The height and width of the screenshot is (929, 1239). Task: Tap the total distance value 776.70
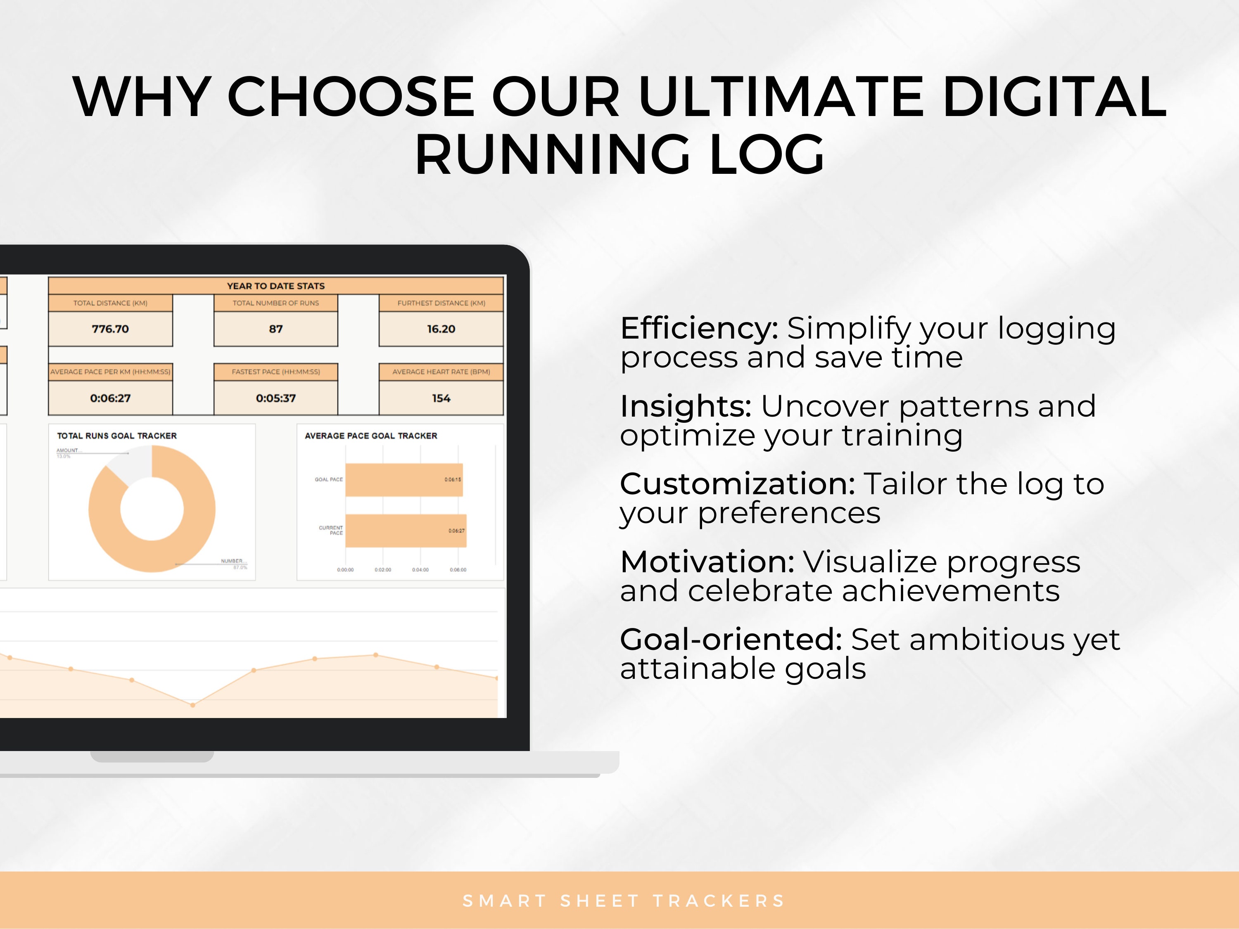click(110, 329)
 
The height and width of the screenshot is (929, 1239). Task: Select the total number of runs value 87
click(275, 329)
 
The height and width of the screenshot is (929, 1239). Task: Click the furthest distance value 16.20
click(441, 329)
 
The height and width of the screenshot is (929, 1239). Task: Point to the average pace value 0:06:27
click(110, 398)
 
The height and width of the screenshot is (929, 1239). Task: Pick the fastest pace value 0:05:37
click(275, 398)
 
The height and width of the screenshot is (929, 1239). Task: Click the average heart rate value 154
click(441, 398)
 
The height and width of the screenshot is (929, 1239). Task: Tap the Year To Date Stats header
click(275, 286)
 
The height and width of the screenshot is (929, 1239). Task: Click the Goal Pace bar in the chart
click(403, 480)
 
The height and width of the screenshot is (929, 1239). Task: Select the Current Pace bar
click(406, 530)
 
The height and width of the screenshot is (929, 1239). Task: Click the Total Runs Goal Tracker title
click(116, 436)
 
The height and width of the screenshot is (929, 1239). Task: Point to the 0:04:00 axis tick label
click(420, 569)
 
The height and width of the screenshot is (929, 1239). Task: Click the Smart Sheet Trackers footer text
click(623, 901)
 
